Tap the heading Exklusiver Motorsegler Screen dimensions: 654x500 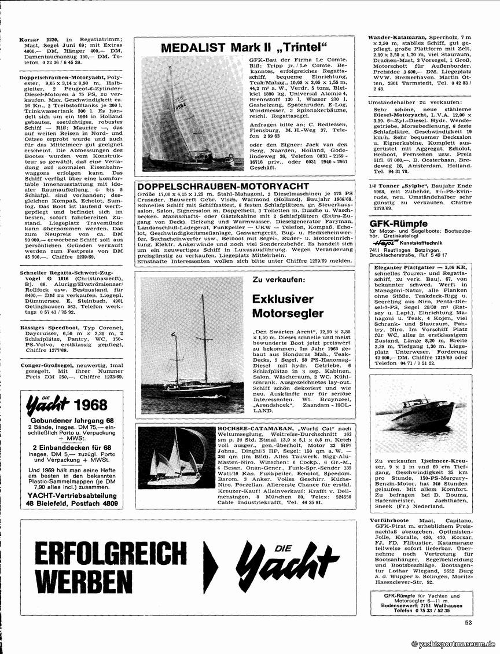click(288, 306)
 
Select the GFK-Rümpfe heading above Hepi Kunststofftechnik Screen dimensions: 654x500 click(398, 223)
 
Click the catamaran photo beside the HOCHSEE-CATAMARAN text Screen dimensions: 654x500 click(176, 459)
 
